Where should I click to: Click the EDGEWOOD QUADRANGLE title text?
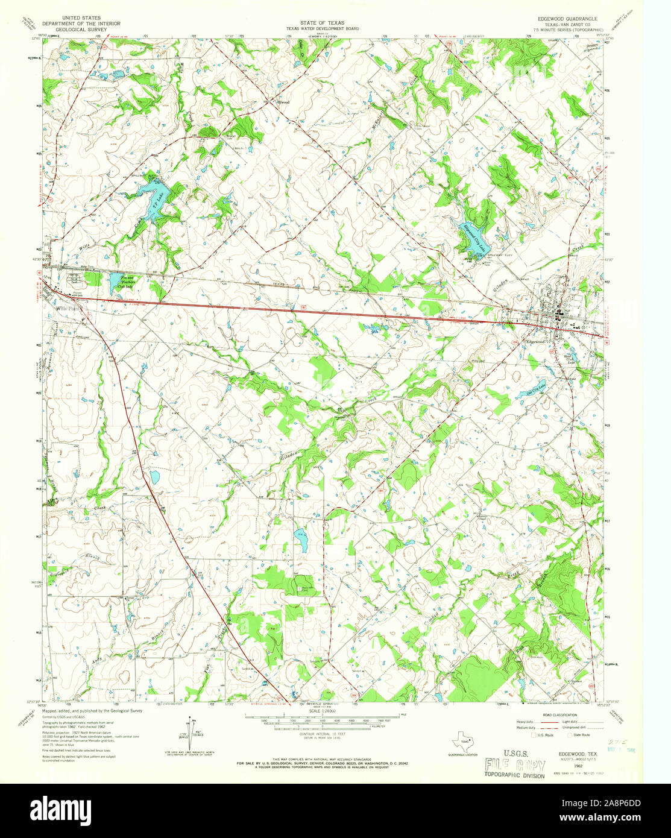tap(563, 19)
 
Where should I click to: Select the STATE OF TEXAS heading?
tap(323, 22)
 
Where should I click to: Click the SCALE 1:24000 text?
tap(323, 711)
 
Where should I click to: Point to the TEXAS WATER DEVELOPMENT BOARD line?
tap(323, 28)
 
